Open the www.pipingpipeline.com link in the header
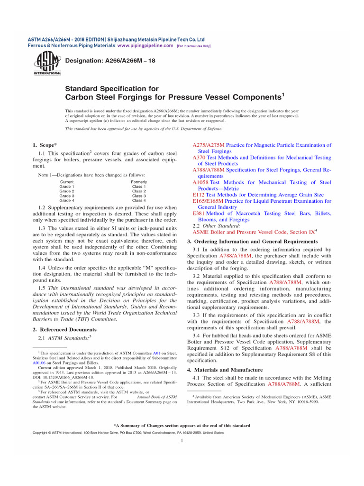(x=146, y=46)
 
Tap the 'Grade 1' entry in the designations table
(x=66, y=187)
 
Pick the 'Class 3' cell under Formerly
(x=139, y=196)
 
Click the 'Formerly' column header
(x=139, y=182)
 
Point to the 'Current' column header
(x=67, y=182)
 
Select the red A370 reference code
(x=198, y=158)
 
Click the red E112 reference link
(x=198, y=195)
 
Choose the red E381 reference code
(x=198, y=214)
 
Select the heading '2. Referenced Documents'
(x=64, y=329)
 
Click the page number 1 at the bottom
(x=182, y=441)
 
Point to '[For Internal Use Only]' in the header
(x=193, y=46)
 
